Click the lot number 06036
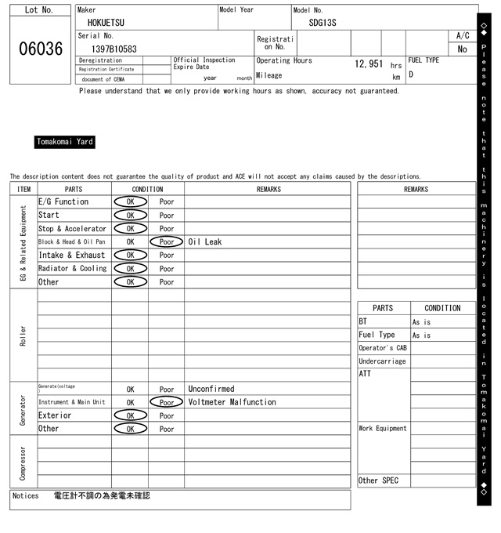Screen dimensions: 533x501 [x=41, y=49]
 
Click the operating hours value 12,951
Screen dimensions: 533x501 [x=368, y=63]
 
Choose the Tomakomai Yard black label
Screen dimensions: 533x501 [x=65, y=142]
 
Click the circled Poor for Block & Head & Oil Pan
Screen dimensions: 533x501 [x=167, y=241]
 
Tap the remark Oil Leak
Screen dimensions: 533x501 [x=205, y=241]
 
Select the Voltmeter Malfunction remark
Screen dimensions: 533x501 [x=232, y=402]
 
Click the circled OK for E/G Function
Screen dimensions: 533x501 [x=130, y=201]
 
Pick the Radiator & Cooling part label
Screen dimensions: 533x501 [x=72, y=268]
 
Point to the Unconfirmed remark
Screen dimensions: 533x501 [x=211, y=389]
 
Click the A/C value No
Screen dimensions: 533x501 [x=462, y=49]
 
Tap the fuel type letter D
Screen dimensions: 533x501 [x=411, y=75]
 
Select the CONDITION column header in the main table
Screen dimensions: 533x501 [x=148, y=189]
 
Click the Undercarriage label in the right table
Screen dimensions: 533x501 [x=382, y=361]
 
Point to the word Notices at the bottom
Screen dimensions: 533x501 [x=26, y=496]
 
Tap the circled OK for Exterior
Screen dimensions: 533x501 [x=130, y=415]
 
